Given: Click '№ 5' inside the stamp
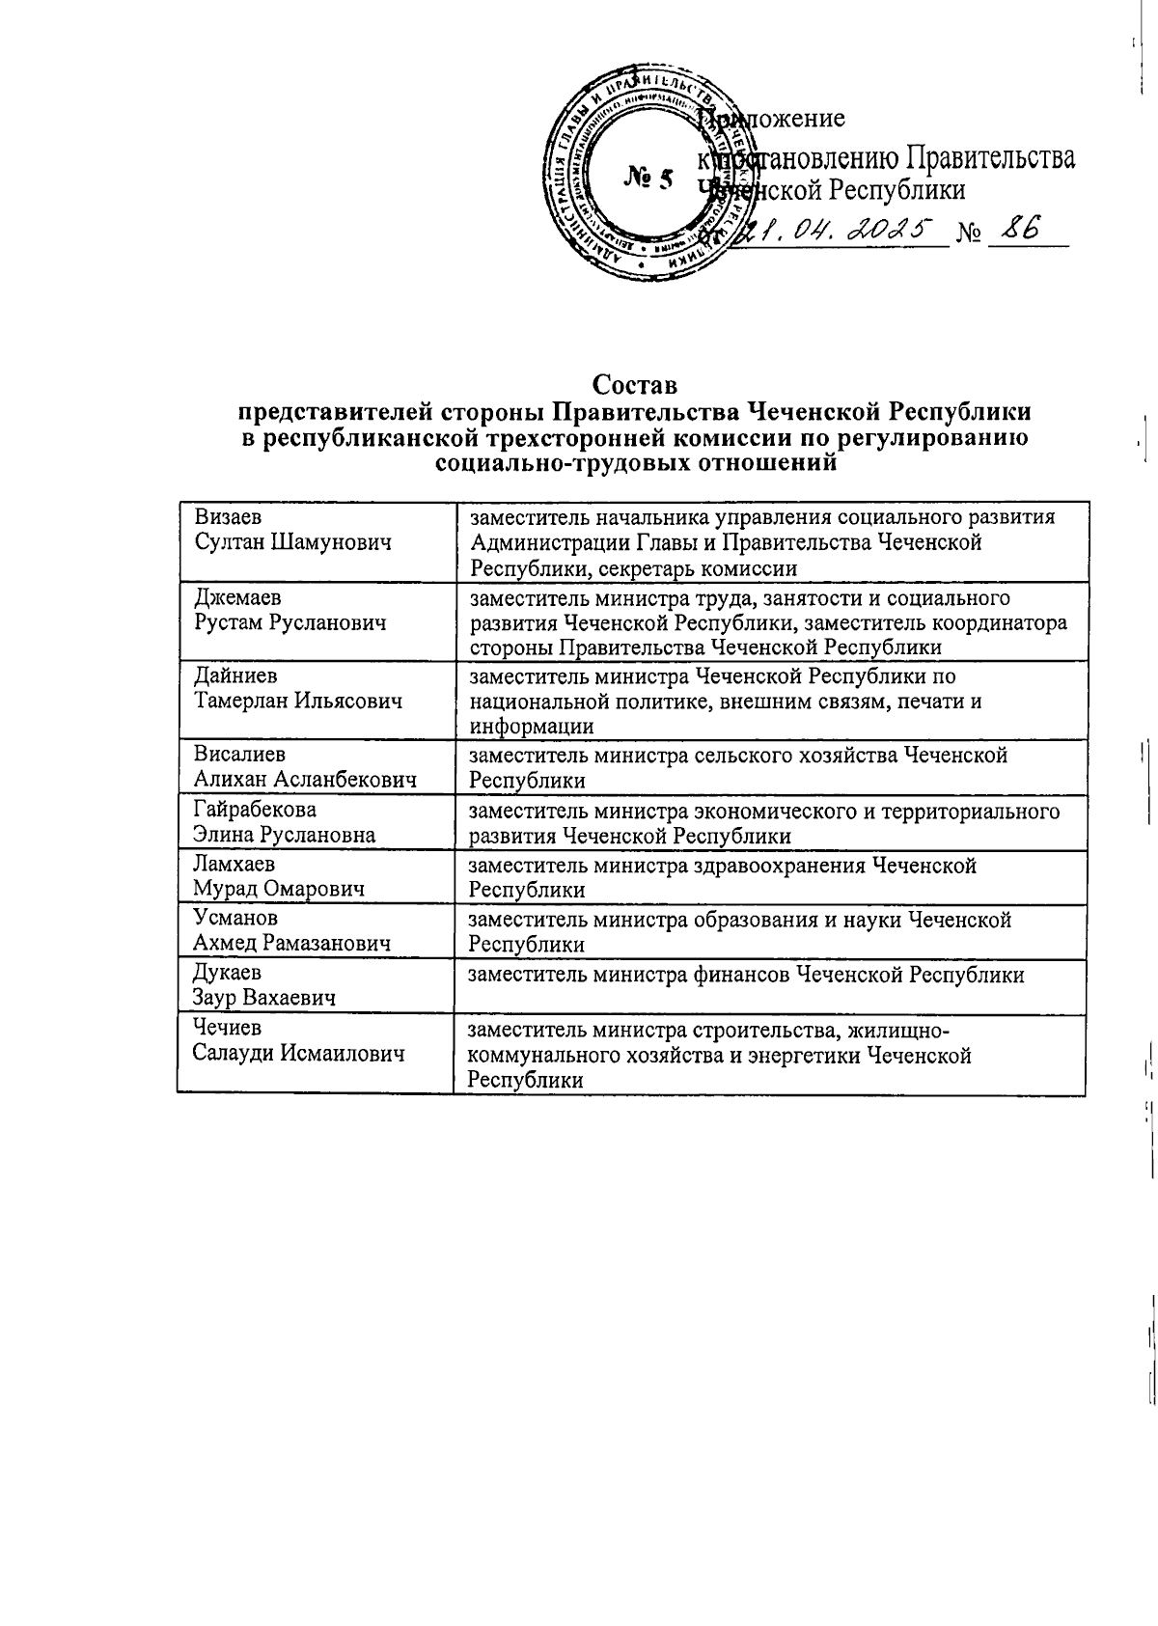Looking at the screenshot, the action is (648, 179).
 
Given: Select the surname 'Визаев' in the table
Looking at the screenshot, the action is (229, 517).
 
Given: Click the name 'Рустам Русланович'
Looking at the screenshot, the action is (289, 622).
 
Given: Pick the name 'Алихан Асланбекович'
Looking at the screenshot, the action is (305, 780).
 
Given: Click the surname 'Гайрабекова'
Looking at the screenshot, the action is (255, 809).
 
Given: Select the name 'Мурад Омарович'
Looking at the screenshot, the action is (279, 889).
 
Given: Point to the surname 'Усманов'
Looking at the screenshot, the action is (235, 918).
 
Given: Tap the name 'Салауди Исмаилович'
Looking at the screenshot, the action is (297, 1054).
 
